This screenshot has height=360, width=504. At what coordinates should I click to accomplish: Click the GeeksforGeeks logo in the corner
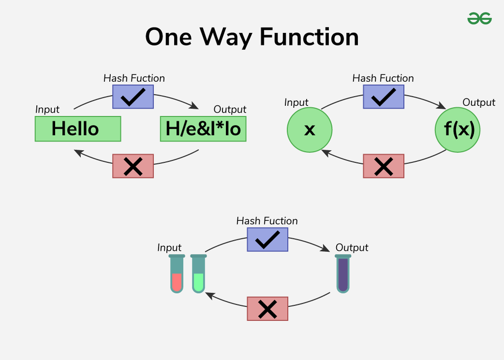click(479, 19)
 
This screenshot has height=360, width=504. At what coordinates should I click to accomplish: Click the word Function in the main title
click(309, 37)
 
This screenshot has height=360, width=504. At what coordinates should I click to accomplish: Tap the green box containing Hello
click(78, 129)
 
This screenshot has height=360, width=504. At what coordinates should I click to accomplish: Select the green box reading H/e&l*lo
click(203, 129)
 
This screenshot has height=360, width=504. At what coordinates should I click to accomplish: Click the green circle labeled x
click(310, 130)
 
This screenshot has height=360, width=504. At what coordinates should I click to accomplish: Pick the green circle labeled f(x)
click(458, 130)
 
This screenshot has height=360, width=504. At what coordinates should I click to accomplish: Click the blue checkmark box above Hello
click(133, 96)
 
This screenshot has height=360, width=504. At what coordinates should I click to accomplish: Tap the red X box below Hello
click(133, 166)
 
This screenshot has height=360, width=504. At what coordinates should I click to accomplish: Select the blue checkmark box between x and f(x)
click(383, 96)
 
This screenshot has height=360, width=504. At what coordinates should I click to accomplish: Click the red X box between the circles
click(383, 166)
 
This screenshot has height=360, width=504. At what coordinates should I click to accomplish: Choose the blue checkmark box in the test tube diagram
click(267, 239)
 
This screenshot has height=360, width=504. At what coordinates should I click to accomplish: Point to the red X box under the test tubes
click(267, 309)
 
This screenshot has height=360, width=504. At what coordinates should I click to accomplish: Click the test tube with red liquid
click(177, 274)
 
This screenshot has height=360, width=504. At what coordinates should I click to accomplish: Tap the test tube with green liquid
click(198, 274)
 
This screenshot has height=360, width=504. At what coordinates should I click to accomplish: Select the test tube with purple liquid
click(343, 274)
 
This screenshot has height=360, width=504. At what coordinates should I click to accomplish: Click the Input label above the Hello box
click(47, 110)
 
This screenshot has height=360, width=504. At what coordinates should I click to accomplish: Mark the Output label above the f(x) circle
click(478, 102)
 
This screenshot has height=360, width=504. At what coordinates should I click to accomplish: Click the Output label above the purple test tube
click(351, 247)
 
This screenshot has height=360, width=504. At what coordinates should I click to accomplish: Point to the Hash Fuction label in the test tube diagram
click(267, 221)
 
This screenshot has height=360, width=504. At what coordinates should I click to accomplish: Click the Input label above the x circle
click(296, 102)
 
